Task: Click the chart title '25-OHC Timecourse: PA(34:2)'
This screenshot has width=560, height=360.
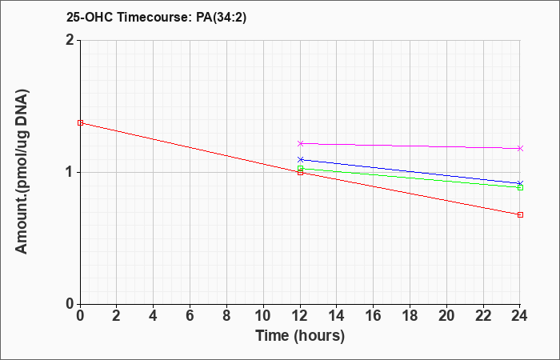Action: (157, 17)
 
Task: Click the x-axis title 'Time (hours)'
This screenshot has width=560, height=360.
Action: (300, 336)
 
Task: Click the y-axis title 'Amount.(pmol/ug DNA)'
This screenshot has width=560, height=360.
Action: (22, 172)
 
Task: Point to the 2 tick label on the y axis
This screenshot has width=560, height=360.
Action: (70, 40)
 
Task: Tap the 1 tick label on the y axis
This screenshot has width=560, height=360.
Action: (70, 173)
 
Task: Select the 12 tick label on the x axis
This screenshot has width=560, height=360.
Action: (300, 315)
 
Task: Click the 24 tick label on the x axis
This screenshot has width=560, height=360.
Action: (519, 315)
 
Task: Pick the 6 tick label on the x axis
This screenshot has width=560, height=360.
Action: (190, 315)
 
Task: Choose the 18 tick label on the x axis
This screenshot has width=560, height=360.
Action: (410, 315)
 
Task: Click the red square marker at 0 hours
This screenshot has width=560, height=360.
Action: (80, 123)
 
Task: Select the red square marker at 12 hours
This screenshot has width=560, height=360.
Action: (300, 173)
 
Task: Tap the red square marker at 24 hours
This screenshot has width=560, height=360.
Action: (520, 214)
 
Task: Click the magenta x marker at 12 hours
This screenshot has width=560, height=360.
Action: (300, 143)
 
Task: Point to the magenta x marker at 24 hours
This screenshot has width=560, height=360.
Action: (520, 148)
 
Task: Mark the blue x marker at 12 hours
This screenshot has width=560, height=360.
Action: (300, 159)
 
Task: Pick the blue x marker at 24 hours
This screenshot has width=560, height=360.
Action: (520, 183)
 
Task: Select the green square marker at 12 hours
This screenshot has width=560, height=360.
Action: (300, 168)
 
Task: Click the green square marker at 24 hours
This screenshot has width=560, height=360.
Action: (520, 187)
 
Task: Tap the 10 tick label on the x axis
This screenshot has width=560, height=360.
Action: (263, 315)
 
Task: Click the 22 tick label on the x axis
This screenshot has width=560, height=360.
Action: (483, 315)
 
